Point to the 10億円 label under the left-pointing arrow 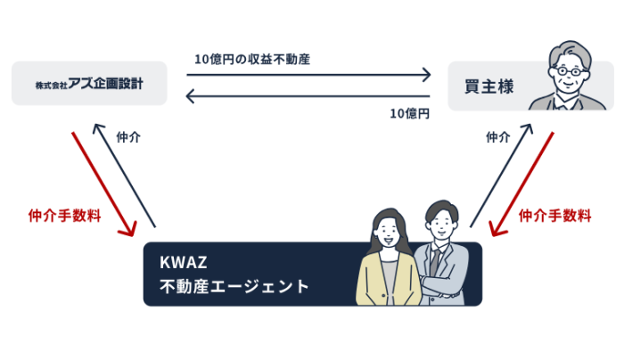click(x=409, y=114)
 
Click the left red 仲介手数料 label click(x=64, y=215)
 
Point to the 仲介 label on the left click(x=128, y=137)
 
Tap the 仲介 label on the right click(x=497, y=137)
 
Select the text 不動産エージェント click(x=234, y=287)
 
